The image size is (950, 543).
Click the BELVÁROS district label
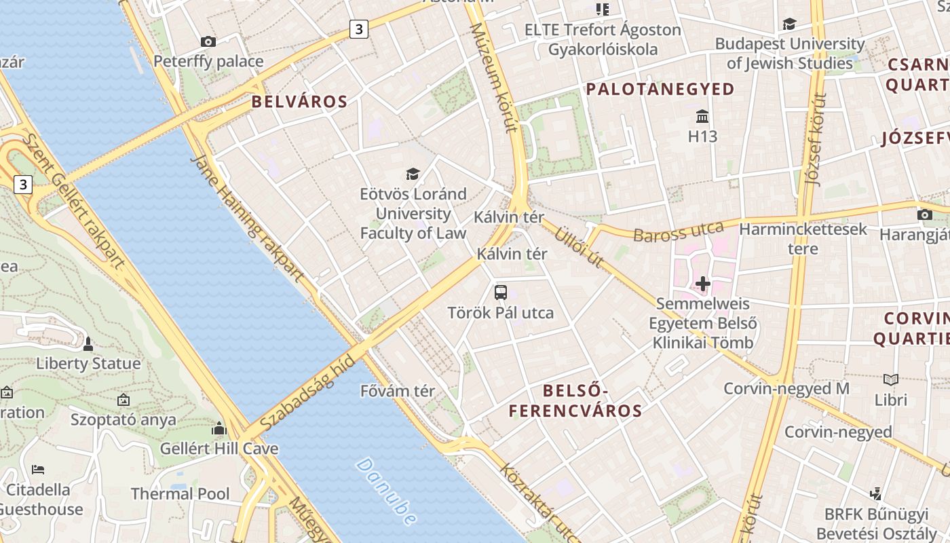299,102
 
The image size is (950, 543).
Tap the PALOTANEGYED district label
660,89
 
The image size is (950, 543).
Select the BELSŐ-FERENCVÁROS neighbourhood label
575,400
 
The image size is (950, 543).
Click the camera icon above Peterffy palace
208,41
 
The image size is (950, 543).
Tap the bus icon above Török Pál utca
501,293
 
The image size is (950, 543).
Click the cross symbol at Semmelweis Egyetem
703,283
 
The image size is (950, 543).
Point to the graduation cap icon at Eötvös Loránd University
413,174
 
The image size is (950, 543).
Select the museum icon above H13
702,117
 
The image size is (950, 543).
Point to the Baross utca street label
679,231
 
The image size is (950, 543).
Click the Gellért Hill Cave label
219,449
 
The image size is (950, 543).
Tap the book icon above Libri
891,380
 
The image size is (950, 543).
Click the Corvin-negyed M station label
786,389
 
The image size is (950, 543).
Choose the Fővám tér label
398,391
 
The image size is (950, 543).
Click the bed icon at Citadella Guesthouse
39,469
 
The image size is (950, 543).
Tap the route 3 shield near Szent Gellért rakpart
24,184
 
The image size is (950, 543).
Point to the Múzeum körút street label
493,78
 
